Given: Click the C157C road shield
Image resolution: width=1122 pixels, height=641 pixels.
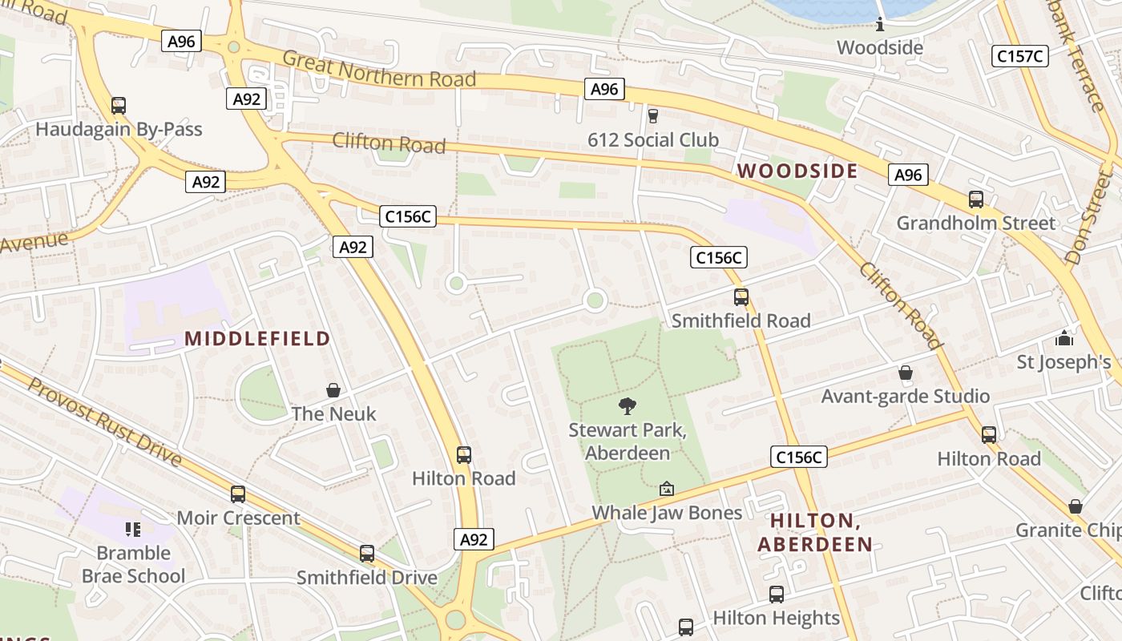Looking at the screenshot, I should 1020,56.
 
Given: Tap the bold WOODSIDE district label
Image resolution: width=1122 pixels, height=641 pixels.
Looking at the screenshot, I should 797,171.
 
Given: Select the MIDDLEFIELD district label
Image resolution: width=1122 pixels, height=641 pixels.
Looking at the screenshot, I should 257,339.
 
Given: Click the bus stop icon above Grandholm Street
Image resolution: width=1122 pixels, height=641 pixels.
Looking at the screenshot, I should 975,200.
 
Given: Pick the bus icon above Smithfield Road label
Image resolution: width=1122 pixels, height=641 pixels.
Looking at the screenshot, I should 741,297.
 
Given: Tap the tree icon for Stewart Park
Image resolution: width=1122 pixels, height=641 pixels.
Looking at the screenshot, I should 628,406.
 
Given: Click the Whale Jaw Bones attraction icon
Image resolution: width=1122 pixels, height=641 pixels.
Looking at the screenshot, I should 666,488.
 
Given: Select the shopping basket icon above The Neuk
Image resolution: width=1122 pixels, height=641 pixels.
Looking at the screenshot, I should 333,390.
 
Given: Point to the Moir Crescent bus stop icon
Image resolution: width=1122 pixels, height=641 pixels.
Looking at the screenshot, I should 238,494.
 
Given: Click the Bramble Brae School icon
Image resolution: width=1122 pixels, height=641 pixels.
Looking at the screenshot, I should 133,529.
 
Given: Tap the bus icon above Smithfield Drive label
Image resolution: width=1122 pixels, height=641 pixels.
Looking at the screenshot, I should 367,554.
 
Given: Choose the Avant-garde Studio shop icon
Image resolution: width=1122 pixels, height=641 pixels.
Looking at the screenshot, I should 906,373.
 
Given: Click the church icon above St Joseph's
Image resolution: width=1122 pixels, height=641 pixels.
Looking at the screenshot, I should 1064,337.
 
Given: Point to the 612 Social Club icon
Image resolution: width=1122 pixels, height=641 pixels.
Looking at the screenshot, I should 653,116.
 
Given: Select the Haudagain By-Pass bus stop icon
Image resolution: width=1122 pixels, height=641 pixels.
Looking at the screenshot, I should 119,105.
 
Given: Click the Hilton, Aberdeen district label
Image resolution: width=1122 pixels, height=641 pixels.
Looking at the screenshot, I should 815,532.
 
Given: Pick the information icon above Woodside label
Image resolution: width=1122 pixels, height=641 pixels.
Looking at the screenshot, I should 880,24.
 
